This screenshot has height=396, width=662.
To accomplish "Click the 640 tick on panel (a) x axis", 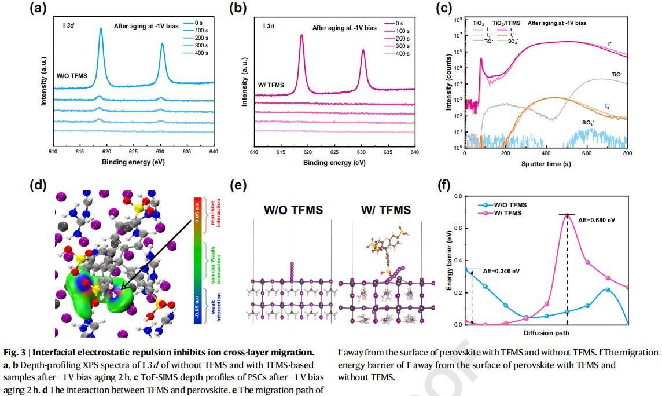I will pyautogui.click(x=214, y=153).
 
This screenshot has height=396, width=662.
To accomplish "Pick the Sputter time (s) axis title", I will pyautogui.click(x=546, y=164).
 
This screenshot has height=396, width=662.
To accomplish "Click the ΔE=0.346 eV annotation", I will pyautogui.click(x=501, y=270).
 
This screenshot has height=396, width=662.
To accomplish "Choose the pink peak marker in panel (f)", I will pyautogui.click(x=567, y=215).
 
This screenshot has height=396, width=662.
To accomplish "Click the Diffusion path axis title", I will pyautogui.click(x=546, y=333).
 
